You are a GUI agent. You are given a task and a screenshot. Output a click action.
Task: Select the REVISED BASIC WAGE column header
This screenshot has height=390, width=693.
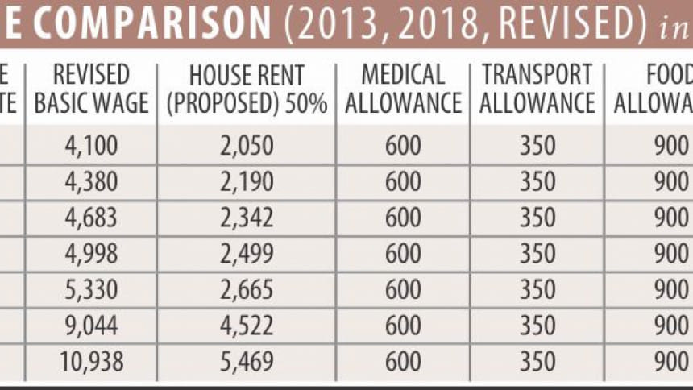coord(91,89)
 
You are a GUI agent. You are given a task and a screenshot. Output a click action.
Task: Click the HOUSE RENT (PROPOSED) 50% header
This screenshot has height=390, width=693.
coord(247,89)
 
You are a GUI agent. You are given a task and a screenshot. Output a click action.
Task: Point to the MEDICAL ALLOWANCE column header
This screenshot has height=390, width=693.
coord(403,89)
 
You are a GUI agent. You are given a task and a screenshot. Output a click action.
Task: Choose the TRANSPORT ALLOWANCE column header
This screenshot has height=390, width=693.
coord(538,89)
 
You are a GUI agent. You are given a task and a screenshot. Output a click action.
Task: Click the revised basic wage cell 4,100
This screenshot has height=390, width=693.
coord(91,146)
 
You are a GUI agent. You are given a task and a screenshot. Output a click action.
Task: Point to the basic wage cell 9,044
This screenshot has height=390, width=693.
coord(91,326)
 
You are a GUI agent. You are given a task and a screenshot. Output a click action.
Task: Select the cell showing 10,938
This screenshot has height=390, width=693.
coord(91,361)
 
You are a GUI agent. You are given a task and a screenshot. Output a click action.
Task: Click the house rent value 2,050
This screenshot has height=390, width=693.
coord(247,146)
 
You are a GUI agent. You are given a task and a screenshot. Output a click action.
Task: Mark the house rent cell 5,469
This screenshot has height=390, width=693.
coord(247,361)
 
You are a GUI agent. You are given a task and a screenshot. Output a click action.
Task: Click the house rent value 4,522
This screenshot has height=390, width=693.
coord(247,326)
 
